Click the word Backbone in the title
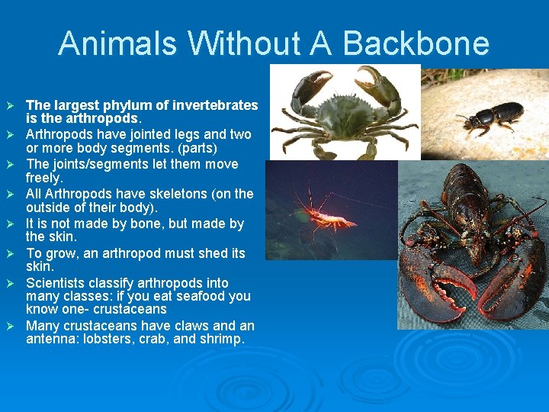416,43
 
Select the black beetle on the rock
491,116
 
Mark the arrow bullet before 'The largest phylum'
10,105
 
